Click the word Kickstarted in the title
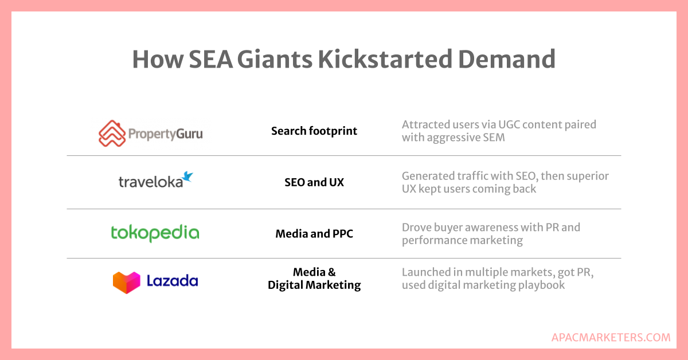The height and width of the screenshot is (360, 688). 385,59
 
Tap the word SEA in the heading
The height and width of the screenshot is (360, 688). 211,59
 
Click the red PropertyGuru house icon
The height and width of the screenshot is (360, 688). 112,134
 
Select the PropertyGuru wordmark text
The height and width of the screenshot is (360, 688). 166,134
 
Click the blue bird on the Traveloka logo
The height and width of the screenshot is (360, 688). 187,177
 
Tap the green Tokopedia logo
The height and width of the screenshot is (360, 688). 155,233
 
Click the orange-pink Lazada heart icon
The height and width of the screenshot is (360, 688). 127,282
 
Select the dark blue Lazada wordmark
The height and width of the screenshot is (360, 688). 173,281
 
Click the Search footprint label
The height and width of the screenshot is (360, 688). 314,131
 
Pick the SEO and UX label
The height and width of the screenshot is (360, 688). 314,182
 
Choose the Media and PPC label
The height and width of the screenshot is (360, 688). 314,234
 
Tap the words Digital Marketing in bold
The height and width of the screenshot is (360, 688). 314,285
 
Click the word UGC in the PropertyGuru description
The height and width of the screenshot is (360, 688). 509,124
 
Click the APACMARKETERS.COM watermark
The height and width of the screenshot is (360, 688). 611,338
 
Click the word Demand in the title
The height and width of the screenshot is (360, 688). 506,59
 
